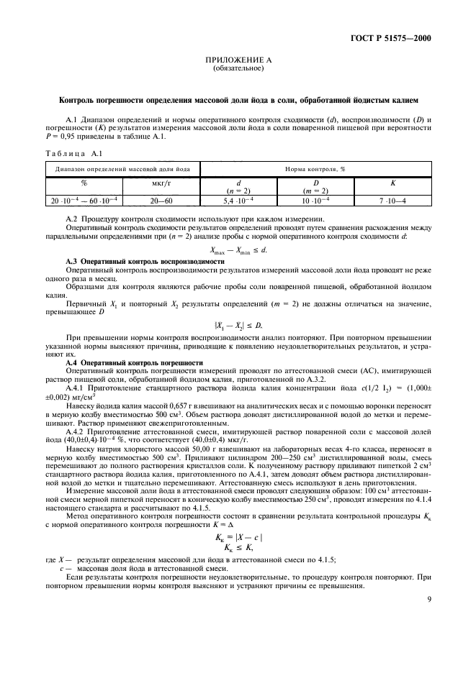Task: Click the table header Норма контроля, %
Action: click(321, 168)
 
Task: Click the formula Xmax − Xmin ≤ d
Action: click(237, 249)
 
